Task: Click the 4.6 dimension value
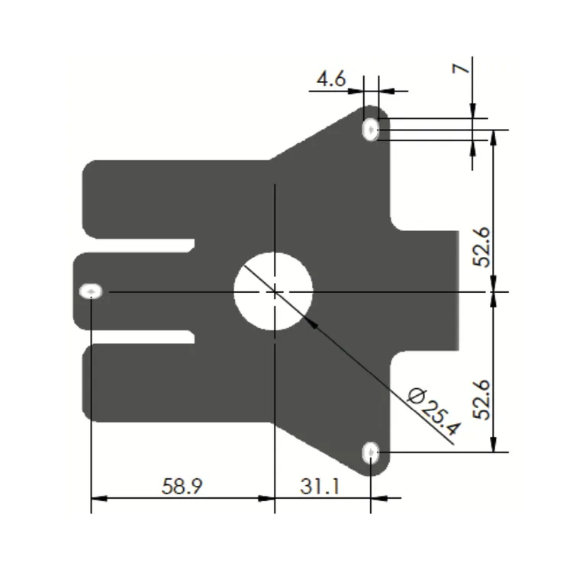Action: coord(331,79)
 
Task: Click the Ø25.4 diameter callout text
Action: coord(435,411)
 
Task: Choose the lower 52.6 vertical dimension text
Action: coord(481,399)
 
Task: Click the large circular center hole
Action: coord(273,291)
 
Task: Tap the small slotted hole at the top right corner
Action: coord(371,129)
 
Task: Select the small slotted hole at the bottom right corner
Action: coord(371,454)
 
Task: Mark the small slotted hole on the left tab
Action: coord(92,291)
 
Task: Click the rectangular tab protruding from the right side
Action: coord(427,291)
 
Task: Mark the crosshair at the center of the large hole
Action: coord(274,291)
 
